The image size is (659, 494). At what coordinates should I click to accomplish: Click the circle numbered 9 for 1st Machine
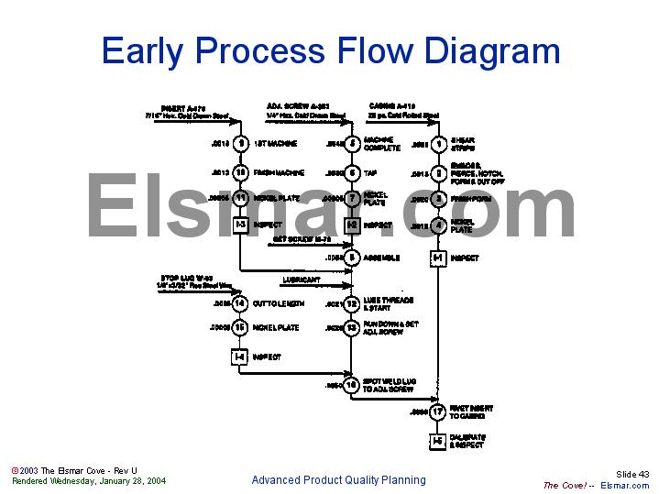[x=240, y=144]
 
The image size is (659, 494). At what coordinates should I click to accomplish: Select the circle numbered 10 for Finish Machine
[x=240, y=172]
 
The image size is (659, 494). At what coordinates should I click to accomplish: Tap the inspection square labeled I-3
[x=240, y=225]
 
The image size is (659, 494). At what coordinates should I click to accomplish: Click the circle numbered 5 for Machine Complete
[x=351, y=144]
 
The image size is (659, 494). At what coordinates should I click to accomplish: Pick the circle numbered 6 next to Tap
[x=351, y=172]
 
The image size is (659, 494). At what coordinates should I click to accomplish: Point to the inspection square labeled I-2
[x=351, y=225]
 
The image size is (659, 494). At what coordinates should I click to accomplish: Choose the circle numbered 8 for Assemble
[x=351, y=258]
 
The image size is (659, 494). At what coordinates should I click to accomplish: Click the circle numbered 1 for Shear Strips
[x=438, y=144]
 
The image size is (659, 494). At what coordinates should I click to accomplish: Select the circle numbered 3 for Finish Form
[x=438, y=199]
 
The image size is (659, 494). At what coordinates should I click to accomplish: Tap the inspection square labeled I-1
[x=438, y=258]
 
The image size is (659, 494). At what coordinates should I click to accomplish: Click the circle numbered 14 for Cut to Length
[x=240, y=302]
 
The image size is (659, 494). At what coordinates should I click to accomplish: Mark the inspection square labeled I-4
[x=240, y=357]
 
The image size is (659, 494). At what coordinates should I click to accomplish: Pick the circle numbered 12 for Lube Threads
[x=351, y=302]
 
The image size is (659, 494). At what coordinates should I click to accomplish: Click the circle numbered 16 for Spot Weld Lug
[x=351, y=386]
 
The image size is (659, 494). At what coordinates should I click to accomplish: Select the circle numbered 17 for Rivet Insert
[x=438, y=412]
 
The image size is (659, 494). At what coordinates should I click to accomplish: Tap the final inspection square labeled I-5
[x=438, y=441]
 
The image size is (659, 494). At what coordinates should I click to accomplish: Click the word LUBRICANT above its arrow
[x=302, y=279]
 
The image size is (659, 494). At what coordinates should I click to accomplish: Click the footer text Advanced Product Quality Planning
[x=338, y=480]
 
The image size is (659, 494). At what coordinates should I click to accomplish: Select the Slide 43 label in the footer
[x=632, y=474]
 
